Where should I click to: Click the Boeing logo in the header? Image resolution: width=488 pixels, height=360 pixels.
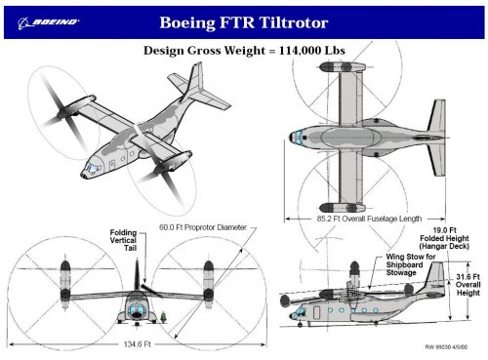point(49,22)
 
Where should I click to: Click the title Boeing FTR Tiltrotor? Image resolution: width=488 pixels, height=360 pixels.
point(244,22)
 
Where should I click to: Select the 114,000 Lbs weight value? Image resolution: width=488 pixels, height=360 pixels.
point(311,51)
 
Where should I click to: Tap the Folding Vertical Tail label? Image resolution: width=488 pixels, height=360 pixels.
point(123,240)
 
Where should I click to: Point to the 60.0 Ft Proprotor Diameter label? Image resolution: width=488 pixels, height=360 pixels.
point(203,227)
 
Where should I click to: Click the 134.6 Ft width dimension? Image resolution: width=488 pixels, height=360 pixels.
point(137,344)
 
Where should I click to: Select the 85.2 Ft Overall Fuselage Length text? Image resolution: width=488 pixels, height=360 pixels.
point(369,219)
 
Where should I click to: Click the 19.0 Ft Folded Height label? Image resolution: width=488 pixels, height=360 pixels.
point(444,238)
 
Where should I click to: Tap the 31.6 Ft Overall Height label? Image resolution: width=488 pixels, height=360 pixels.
point(468,285)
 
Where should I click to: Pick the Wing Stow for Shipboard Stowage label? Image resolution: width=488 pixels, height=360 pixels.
point(411,264)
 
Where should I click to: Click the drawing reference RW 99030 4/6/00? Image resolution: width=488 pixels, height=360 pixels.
point(446,347)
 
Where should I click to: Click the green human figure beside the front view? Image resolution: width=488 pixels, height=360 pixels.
point(164,317)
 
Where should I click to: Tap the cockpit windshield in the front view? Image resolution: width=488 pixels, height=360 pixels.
point(137,310)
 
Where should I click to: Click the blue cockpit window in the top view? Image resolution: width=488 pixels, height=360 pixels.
point(298,137)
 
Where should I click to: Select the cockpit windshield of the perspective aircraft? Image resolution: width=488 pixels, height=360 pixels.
point(93,168)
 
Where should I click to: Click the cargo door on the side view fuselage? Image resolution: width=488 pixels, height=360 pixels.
point(316,312)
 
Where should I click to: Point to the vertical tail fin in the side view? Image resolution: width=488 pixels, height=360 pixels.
point(435,277)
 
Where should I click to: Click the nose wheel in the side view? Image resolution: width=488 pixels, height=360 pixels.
point(301,324)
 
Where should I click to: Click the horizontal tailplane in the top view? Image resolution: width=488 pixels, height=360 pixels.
point(436,138)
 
